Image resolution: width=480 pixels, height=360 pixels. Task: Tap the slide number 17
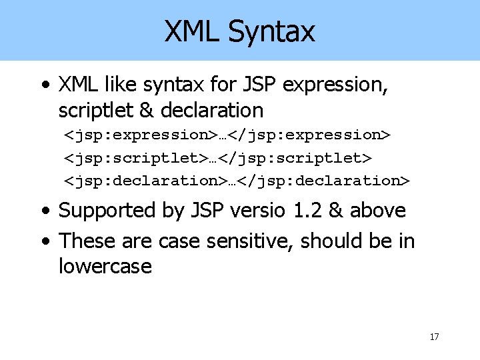point(434,337)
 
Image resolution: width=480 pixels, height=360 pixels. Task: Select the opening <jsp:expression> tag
point(135,135)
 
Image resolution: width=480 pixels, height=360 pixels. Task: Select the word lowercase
point(105,267)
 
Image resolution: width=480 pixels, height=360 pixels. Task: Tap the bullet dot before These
point(44,241)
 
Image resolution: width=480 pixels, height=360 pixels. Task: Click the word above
point(378,211)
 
